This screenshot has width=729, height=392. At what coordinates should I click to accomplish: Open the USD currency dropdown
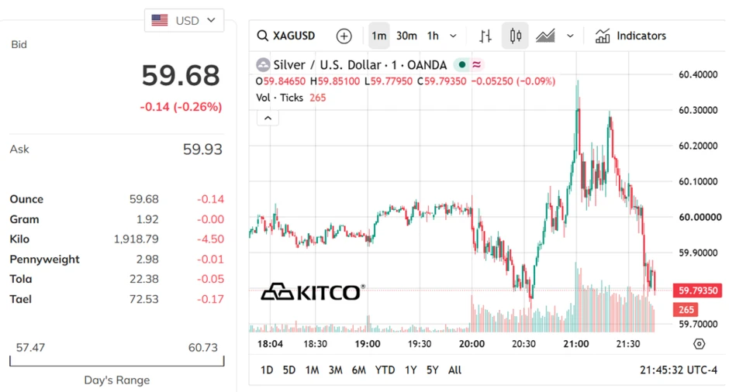point(184,20)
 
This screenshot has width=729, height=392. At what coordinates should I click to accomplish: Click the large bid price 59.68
point(181,75)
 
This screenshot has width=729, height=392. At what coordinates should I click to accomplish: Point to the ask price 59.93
point(202,149)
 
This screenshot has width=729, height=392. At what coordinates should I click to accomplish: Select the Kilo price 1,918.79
point(136,239)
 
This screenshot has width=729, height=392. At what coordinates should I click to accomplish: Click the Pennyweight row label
point(45,260)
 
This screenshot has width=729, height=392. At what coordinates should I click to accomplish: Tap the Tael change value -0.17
point(210,299)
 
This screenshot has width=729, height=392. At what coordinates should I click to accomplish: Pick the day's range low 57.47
point(31,347)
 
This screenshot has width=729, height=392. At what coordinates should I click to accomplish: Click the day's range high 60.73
point(202,347)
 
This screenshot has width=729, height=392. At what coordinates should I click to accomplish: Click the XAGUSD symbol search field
point(286,36)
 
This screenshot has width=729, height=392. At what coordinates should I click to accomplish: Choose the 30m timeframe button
point(406,36)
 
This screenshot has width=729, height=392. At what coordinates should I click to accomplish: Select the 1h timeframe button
point(433,36)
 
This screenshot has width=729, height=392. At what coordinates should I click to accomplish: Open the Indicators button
point(631,36)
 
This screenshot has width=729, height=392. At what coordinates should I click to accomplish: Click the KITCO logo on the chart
point(313,292)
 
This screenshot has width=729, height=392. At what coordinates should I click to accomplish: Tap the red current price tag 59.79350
point(698,291)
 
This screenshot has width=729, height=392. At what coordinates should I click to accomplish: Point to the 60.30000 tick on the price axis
point(698,110)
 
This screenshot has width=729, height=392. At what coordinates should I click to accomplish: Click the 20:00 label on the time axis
point(472,344)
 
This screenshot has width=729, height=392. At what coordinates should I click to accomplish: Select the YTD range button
point(385,370)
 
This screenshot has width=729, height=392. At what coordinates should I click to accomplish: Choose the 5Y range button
point(433,370)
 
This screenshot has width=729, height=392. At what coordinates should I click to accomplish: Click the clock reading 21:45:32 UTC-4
point(679,370)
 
